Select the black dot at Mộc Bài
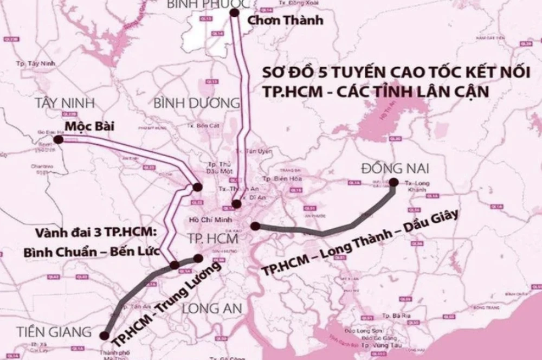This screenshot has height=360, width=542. click(59, 140)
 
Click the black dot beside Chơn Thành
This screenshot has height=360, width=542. click(235, 12)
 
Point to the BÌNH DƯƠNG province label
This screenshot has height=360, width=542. click(197, 103)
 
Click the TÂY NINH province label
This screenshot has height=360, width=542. click(64, 103)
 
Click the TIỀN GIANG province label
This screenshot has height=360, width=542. click(46, 331)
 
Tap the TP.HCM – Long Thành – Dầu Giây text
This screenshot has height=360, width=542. click(360, 242)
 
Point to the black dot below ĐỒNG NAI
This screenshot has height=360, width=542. click(393, 183)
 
